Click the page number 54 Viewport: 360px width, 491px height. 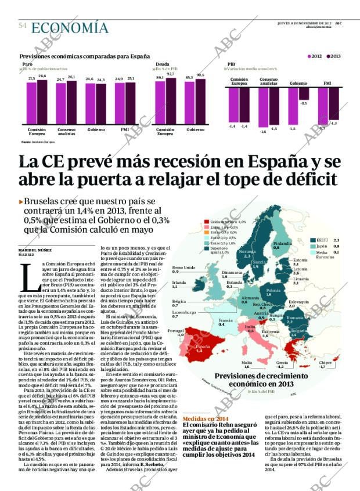click(x=23, y=26)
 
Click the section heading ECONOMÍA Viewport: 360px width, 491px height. click(x=70, y=27)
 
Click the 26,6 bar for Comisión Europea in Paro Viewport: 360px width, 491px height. click(x=42, y=102)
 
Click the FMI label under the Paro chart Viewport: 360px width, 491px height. click(x=124, y=129)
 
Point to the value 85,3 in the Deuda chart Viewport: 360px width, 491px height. click(x=189, y=77)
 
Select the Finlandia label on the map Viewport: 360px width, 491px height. click(x=282, y=243)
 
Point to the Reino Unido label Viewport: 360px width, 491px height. click(x=183, y=267)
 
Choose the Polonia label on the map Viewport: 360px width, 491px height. click(x=272, y=290)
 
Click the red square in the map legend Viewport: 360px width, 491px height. click(x=206, y=222)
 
